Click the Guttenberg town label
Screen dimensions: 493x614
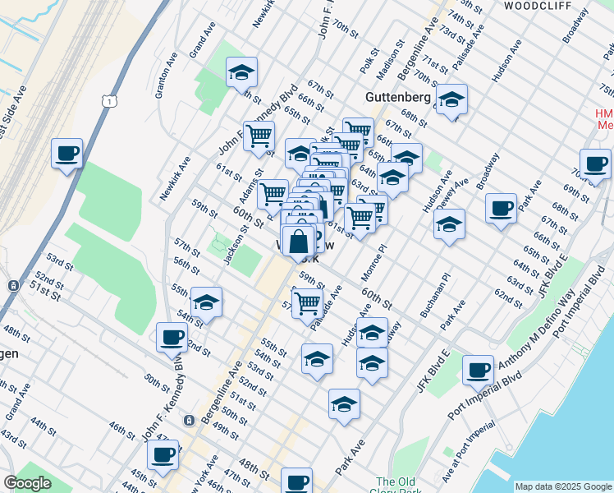click(x=397, y=97)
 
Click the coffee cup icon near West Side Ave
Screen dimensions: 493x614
click(x=66, y=153)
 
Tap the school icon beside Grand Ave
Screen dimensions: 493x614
click(x=241, y=72)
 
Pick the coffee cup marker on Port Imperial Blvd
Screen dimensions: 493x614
click(x=478, y=370)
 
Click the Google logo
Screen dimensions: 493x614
click(x=26, y=483)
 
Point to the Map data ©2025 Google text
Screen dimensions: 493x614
click(x=562, y=486)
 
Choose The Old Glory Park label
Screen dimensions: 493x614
click(x=398, y=486)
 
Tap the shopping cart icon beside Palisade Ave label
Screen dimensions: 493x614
click(x=307, y=302)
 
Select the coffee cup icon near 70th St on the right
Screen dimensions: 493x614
click(x=595, y=164)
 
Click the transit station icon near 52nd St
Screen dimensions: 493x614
click(x=13, y=286)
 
